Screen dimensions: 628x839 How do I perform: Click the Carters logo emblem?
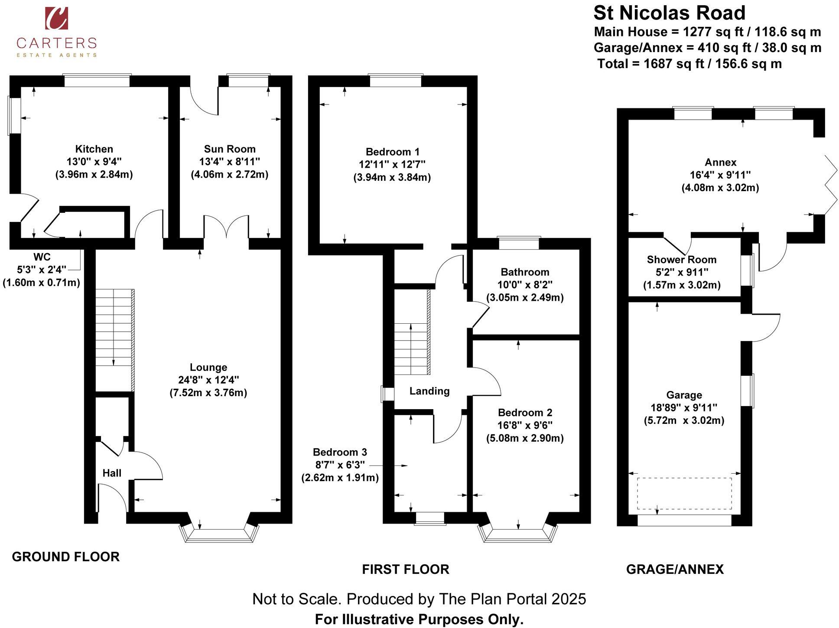click(56, 18)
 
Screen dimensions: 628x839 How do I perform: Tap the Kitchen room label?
click(94, 149)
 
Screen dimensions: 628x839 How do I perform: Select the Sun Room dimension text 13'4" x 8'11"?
click(229, 162)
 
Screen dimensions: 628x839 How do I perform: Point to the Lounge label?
click(208, 368)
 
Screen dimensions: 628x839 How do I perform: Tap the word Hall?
click(112, 473)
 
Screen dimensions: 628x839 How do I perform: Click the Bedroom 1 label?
click(392, 152)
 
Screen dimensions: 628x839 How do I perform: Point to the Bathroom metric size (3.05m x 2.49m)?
click(525, 298)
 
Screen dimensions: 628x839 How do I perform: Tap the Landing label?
click(429, 391)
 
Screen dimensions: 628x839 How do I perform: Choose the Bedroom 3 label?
click(340, 452)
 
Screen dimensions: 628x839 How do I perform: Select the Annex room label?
click(720, 163)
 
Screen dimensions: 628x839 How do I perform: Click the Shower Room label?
click(681, 260)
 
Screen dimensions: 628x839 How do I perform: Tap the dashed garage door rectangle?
click(684, 494)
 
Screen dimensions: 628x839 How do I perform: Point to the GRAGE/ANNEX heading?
click(675, 569)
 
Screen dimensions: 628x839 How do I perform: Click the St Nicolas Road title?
click(669, 13)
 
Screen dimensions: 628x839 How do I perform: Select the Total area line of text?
click(689, 64)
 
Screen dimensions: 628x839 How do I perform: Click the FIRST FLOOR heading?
click(406, 569)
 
